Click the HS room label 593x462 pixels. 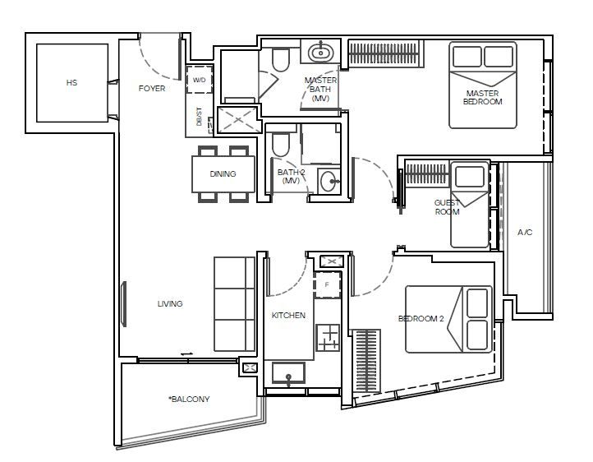click(x=71, y=82)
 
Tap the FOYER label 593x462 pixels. click(x=152, y=88)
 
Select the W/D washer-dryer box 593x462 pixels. click(x=200, y=80)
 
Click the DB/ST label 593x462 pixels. click(x=199, y=117)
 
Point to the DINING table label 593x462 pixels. click(x=223, y=173)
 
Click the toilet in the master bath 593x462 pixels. click(x=281, y=60)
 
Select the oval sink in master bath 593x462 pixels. click(x=320, y=52)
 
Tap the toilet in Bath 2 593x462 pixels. click(x=280, y=145)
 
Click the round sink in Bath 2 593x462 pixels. click(x=328, y=181)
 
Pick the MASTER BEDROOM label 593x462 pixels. click(x=483, y=97)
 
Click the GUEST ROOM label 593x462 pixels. click(x=447, y=207)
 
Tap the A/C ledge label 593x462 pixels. click(x=525, y=232)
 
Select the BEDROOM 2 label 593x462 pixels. click(x=421, y=319)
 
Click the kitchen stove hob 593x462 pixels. click(x=328, y=338)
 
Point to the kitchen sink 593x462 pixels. click(x=288, y=373)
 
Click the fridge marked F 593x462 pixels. click(x=327, y=284)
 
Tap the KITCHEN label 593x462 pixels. click(x=288, y=315)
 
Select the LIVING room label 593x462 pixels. click(x=170, y=303)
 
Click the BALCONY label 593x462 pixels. click(x=189, y=399)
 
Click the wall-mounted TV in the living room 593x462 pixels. click(x=123, y=304)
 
